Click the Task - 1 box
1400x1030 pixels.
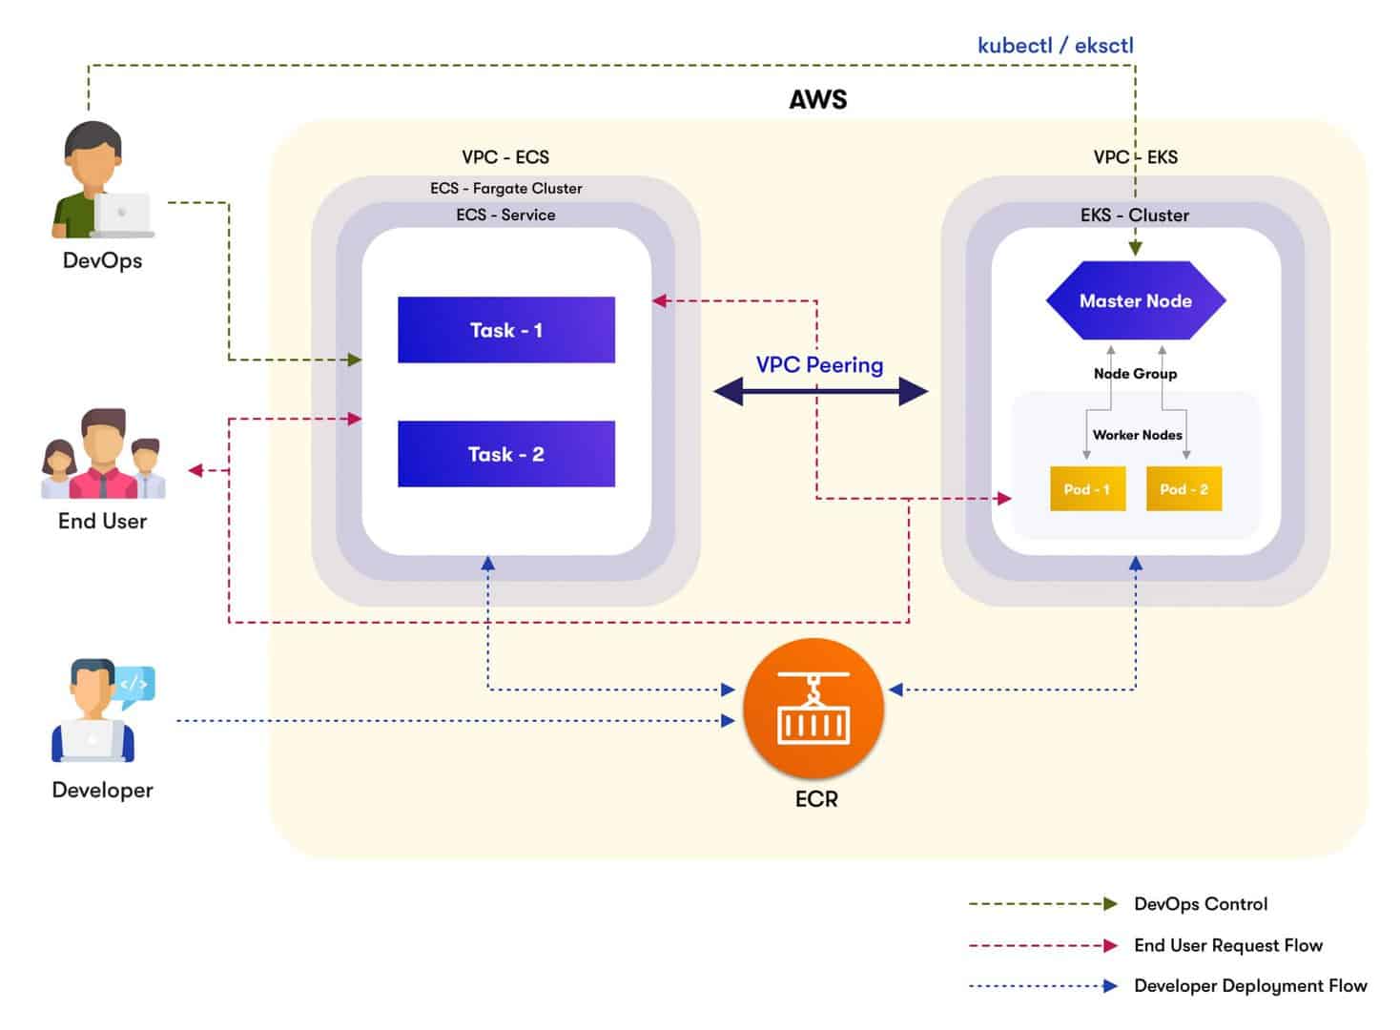505,330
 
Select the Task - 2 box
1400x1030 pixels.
505,454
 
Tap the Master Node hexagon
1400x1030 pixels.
1135,300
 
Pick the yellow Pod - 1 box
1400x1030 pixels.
1087,489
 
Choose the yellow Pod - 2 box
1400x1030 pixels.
1184,489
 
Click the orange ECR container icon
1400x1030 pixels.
813,709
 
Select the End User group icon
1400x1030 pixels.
103,455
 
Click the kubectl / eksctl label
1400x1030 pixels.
1055,45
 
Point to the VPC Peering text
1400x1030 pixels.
819,364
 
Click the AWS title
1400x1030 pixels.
817,99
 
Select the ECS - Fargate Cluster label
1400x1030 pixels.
505,188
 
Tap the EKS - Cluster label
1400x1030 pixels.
1135,215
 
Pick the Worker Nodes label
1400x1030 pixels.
1137,435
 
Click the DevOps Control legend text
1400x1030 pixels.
1201,904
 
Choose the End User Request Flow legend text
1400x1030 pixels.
1228,945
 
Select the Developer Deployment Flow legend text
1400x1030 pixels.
1250,986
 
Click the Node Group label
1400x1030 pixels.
1135,374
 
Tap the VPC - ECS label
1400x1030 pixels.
505,157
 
